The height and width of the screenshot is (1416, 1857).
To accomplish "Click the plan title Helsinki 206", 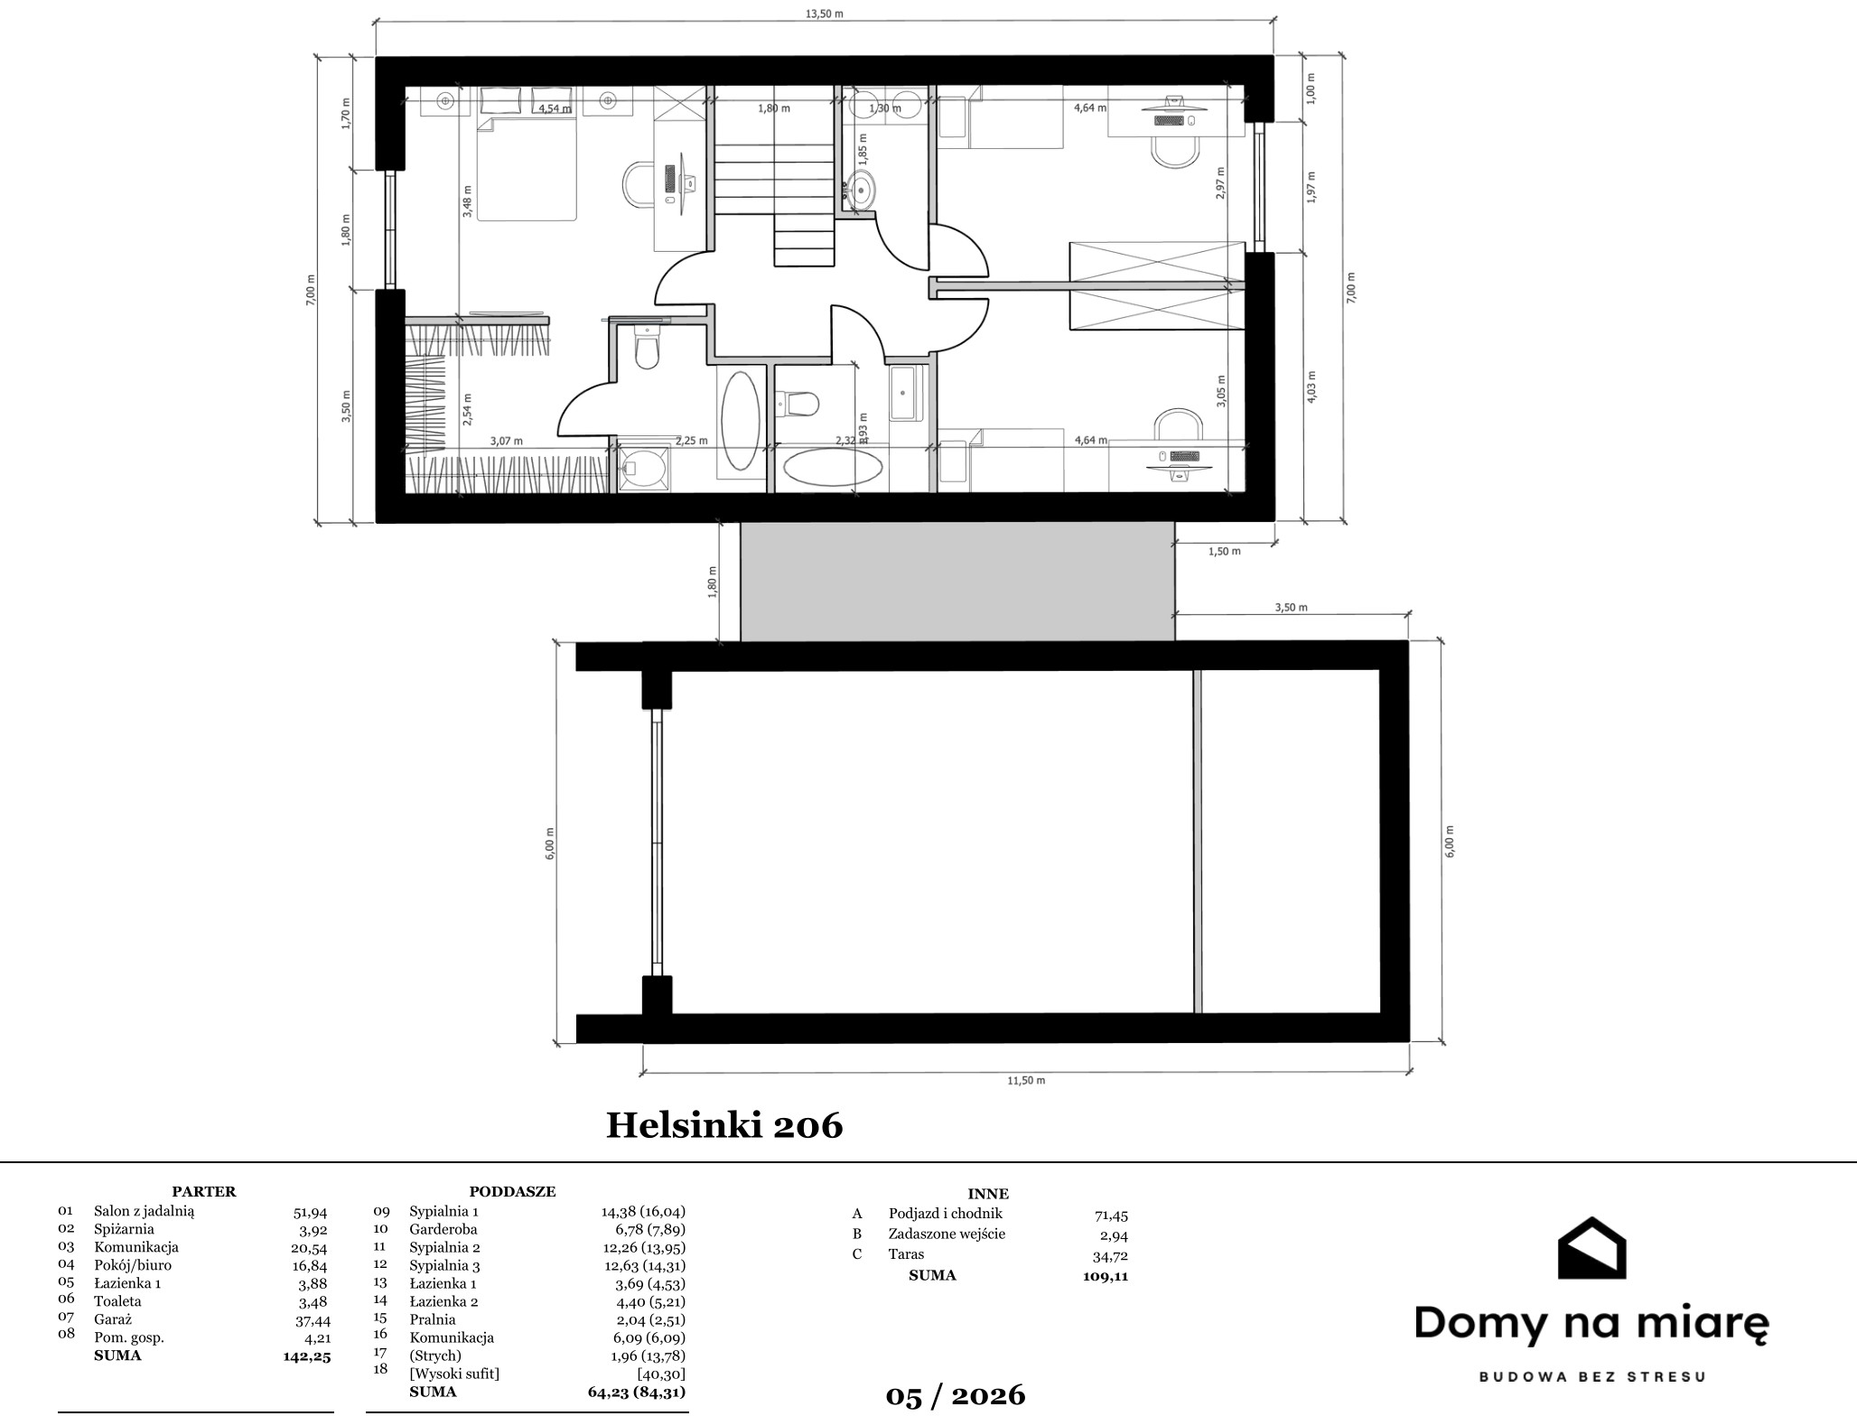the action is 724,1125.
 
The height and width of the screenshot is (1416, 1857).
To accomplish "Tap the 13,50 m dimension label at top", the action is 825,14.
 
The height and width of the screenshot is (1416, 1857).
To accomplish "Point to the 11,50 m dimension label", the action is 1026,1080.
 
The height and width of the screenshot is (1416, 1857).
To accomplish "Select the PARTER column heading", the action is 204,1192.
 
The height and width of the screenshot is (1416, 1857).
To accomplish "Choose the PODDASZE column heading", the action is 512,1192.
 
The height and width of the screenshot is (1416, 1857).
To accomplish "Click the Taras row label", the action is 906,1254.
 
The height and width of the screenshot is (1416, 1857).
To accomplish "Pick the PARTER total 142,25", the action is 307,1356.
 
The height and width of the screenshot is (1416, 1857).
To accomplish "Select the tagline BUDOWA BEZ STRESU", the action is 1591,1378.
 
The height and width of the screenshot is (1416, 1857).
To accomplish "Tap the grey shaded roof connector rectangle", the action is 957,582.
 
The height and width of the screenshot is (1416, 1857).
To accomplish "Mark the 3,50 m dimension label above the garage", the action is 1291,608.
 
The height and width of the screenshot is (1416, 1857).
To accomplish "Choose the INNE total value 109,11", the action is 1106,1276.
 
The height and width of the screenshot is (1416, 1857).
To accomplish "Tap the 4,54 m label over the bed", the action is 555,108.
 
